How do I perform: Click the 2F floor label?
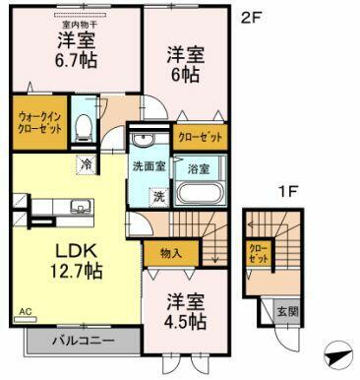252,17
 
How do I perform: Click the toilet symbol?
85,126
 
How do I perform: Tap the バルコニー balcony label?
78,342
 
